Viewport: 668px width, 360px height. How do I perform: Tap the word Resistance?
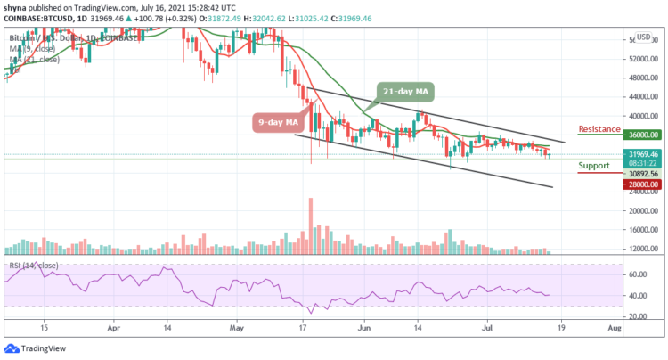[x=599, y=127]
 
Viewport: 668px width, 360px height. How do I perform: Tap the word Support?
[x=592, y=166]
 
